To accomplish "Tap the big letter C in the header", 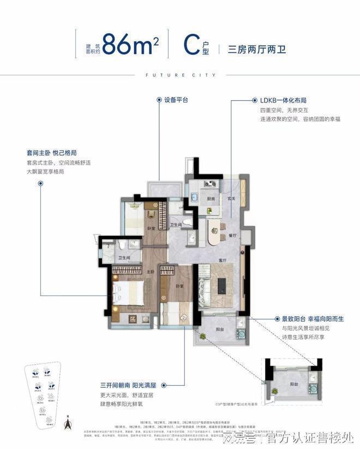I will coord(190,43).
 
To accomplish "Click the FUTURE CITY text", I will coord(179,75).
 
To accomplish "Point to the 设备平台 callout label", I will coord(175,100).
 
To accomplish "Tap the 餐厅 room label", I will coord(233,236).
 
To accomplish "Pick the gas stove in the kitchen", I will coord(209,184).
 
